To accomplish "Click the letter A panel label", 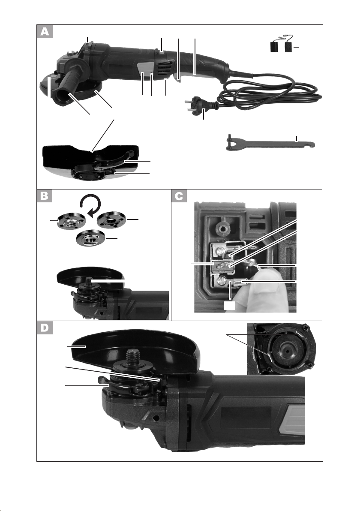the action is click(x=45, y=32).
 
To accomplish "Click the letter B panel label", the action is click(x=45, y=196).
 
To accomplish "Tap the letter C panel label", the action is click(x=179, y=196).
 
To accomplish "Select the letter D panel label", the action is click(x=45, y=328).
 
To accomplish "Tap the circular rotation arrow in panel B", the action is click(x=90, y=205).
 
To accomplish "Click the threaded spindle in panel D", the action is click(x=133, y=355).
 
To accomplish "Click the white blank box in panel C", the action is click(x=230, y=305).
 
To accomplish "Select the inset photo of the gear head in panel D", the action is click(x=281, y=349).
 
